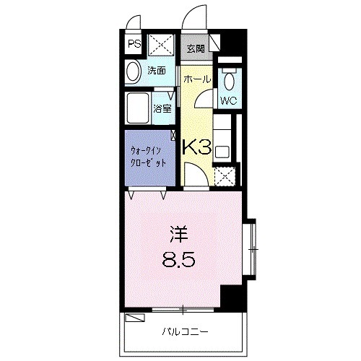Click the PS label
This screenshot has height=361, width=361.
134,44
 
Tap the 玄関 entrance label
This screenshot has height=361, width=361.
195,49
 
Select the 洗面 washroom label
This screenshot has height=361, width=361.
157,71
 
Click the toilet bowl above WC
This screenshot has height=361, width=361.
230,78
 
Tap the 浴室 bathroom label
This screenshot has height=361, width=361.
162,109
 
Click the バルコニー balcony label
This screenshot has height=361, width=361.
180,333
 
